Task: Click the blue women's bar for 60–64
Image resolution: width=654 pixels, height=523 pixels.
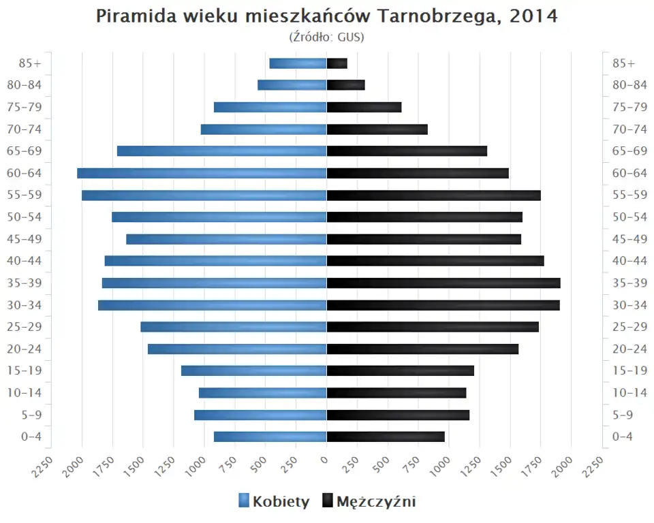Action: click(202, 173)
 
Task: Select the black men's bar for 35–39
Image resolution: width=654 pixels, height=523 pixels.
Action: click(443, 283)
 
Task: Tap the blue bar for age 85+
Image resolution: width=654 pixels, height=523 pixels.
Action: click(298, 63)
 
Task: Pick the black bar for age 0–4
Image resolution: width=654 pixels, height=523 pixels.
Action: click(386, 437)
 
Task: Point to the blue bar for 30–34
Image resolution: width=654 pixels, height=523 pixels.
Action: click(213, 305)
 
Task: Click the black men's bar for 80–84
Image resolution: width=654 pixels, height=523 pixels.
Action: click(345, 85)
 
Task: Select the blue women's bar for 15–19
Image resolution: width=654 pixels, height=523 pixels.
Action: click(254, 370)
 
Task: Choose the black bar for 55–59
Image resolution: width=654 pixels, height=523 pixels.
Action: click(433, 195)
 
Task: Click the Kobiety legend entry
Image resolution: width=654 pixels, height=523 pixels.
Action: click(274, 502)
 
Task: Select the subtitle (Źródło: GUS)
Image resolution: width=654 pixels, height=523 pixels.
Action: click(326, 37)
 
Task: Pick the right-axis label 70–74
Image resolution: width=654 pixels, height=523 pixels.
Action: click(629, 129)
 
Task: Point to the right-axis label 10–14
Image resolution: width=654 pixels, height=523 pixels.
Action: click(629, 393)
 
